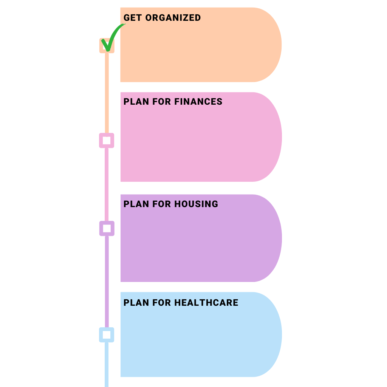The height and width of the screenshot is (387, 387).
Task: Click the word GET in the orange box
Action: point(132,18)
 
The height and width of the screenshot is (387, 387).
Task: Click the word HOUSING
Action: point(196,204)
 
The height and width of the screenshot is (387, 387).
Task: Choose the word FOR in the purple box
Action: point(162,204)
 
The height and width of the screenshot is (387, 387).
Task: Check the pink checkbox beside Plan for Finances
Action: point(107,141)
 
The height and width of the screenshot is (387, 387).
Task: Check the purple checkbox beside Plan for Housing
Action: point(107,228)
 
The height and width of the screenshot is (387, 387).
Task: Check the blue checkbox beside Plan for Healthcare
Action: point(107,335)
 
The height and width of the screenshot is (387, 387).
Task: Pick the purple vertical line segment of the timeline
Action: point(107,282)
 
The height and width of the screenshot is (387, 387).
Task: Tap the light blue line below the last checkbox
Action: point(107,365)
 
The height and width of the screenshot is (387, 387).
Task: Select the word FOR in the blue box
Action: point(162,303)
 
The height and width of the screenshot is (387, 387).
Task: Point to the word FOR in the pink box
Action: point(162,102)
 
